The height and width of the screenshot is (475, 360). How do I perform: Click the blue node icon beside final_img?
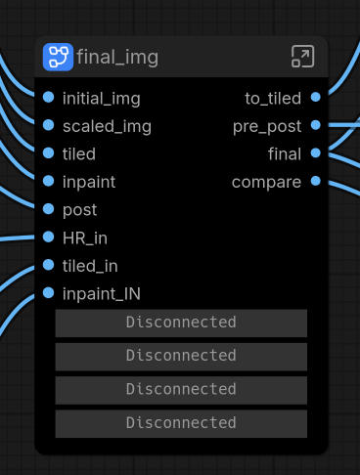[x=58, y=57]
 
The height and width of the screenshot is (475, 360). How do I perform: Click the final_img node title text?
[x=117, y=58]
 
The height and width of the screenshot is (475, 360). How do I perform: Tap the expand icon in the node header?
[x=302, y=57]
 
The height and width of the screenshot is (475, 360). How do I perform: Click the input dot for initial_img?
[x=49, y=97]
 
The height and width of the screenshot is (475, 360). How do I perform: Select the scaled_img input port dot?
[x=49, y=125]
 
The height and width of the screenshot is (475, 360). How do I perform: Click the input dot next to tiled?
[x=49, y=153]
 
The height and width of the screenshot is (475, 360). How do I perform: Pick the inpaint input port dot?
[x=49, y=181]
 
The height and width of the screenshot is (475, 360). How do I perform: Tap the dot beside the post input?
[x=49, y=209]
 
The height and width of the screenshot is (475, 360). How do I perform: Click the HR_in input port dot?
[x=49, y=237]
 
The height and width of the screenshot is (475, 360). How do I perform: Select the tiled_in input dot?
[x=49, y=265]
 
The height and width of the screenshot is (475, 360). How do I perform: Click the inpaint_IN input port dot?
[x=49, y=293]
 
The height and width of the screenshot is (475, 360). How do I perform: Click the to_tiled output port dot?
[x=316, y=97]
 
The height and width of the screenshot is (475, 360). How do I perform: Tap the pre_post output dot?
[x=316, y=125]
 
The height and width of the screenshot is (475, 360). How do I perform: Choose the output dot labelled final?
[x=316, y=153]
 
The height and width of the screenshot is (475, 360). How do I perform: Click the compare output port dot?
[x=316, y=181]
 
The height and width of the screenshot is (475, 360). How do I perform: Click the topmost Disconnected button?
[x=181, y=324]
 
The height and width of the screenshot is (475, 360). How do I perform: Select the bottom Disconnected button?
[x=181, y=424]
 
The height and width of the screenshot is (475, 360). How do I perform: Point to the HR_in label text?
[x=85, y=238]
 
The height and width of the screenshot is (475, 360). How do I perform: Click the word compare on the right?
[x=266, y=183]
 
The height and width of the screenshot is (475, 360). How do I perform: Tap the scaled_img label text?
[x=107, y=127]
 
